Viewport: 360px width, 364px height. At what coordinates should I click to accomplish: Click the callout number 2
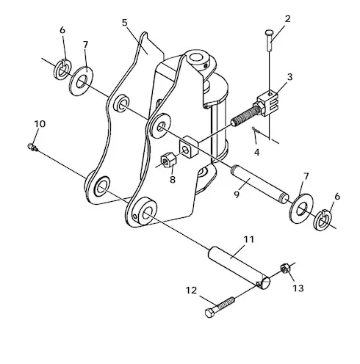tap(287, 19)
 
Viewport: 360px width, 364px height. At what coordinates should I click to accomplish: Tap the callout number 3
tap(289, 77)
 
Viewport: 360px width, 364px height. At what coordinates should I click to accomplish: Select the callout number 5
tap(125, 23)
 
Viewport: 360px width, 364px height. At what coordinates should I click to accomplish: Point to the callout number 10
tap(40, 124)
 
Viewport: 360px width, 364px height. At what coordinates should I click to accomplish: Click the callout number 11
tap(249, 239)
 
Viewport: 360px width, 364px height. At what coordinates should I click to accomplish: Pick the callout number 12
tap(191, 291)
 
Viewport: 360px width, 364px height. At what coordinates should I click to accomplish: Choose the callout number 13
tap(298, 288)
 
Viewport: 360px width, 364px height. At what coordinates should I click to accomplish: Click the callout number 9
tap(237, 194)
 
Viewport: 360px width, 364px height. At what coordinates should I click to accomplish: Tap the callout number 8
tap(173, 180)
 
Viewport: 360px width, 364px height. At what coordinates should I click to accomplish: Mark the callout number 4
tap(256, 153)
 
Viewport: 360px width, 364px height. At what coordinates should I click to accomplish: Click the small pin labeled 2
tap(269, 40)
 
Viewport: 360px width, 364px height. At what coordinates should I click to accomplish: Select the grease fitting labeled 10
tap(32, 147)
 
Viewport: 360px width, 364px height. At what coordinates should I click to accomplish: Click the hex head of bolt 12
tap(210, 313)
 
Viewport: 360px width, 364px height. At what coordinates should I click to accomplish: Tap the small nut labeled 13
tap(285, 269)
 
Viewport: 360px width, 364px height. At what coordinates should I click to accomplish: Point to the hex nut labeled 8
tap(168, 159)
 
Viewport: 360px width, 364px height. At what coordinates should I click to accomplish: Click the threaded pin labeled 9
tap(260, 184)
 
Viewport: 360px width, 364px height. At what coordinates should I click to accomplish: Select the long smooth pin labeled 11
tap(239, 267)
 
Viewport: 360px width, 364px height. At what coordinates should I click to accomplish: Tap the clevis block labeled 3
tap(267, 103)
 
